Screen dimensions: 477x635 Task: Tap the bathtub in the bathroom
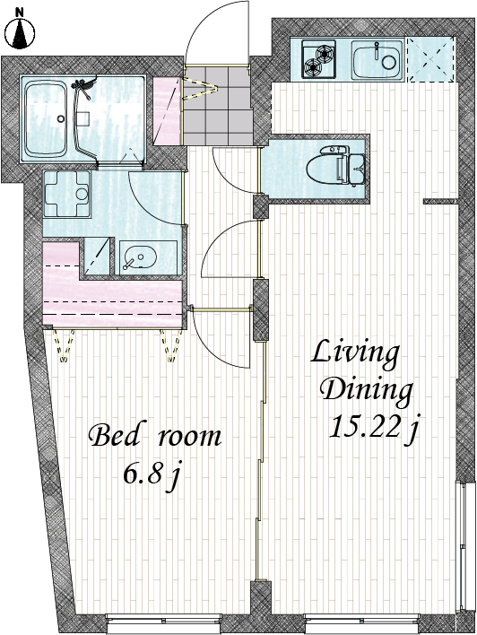pos(46,119)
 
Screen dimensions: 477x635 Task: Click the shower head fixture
pos(83,86)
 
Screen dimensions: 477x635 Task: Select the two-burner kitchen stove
pos(318,59)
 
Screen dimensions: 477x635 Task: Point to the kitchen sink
pos(377,59)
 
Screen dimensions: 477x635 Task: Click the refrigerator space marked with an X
pos(430,59)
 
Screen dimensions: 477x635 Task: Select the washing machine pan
pos(66,193)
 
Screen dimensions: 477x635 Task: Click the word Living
pos(356,353)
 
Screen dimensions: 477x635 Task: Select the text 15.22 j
pos(373,428)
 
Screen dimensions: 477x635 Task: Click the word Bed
pos(115,436)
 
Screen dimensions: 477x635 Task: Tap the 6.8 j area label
pos(151,474)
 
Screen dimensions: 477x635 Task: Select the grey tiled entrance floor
pos(218,104)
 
